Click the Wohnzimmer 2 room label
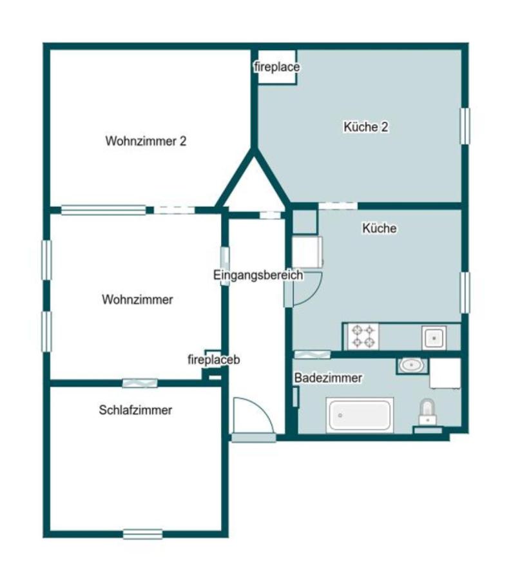point(146,141)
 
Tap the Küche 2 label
point(365,127)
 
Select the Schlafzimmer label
point(135,410)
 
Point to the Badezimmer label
point(329,378)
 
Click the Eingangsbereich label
point(258,275)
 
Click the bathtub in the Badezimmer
point(360,415)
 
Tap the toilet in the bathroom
point(427,412)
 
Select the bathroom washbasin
point(412,365)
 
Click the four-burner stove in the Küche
point(363,336)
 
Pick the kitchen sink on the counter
point(434,337)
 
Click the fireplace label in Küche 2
point(277,67)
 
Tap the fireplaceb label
point(214,360)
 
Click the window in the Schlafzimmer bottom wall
point(142,534)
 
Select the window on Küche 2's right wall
point(465,126)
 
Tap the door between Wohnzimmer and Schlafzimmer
point(140,383)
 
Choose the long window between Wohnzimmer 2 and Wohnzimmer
point(104,210)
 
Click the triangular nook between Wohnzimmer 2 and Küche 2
point(253,185)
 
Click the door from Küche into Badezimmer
point(312,354)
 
